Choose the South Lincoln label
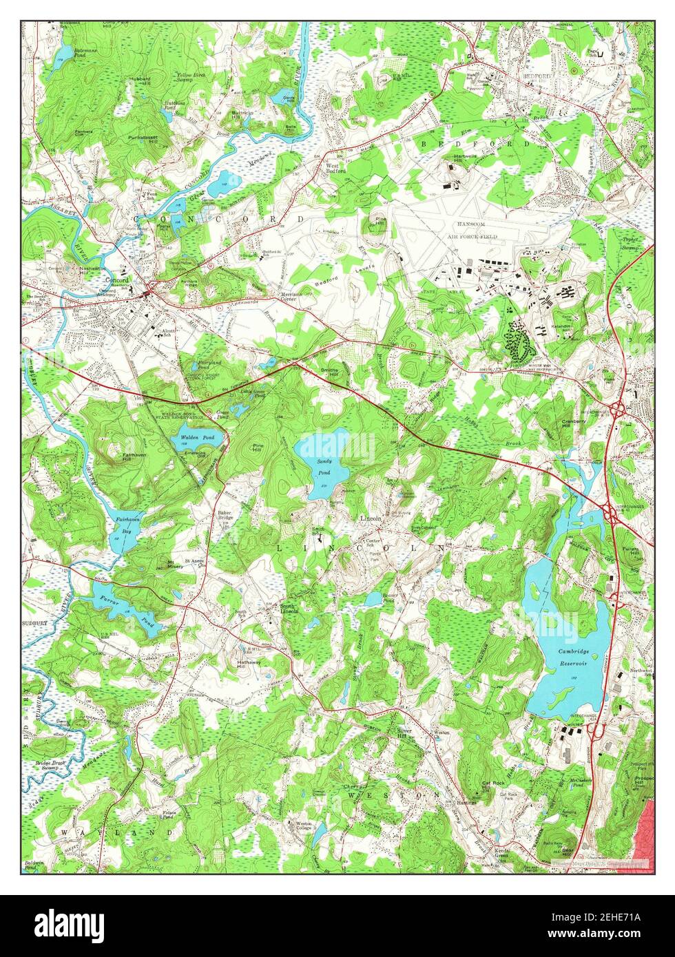pyautogui.click(x=289, y=609)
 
